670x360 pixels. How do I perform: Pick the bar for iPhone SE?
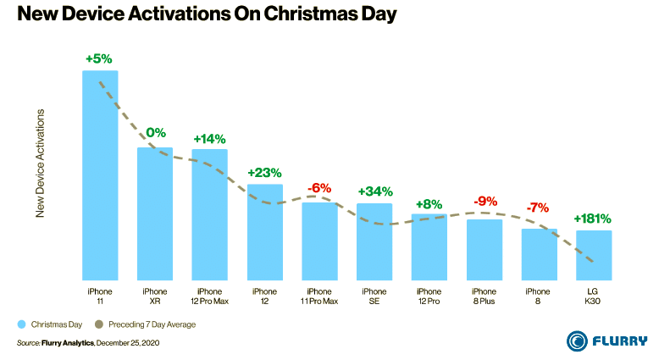coord(374,241)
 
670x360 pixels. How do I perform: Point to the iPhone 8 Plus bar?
coord(485,249)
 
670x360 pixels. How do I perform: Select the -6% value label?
coord(319,188)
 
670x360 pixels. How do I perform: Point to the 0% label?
coord(156,133)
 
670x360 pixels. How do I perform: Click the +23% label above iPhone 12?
coord(264,172)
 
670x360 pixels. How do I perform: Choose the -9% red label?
coord(485,202)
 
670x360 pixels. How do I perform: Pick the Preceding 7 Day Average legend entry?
coord(149,324)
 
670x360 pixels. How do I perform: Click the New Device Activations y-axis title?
coord(40,163)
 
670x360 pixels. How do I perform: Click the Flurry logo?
coord(607,341)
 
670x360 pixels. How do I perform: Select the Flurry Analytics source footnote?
coord(88,343)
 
